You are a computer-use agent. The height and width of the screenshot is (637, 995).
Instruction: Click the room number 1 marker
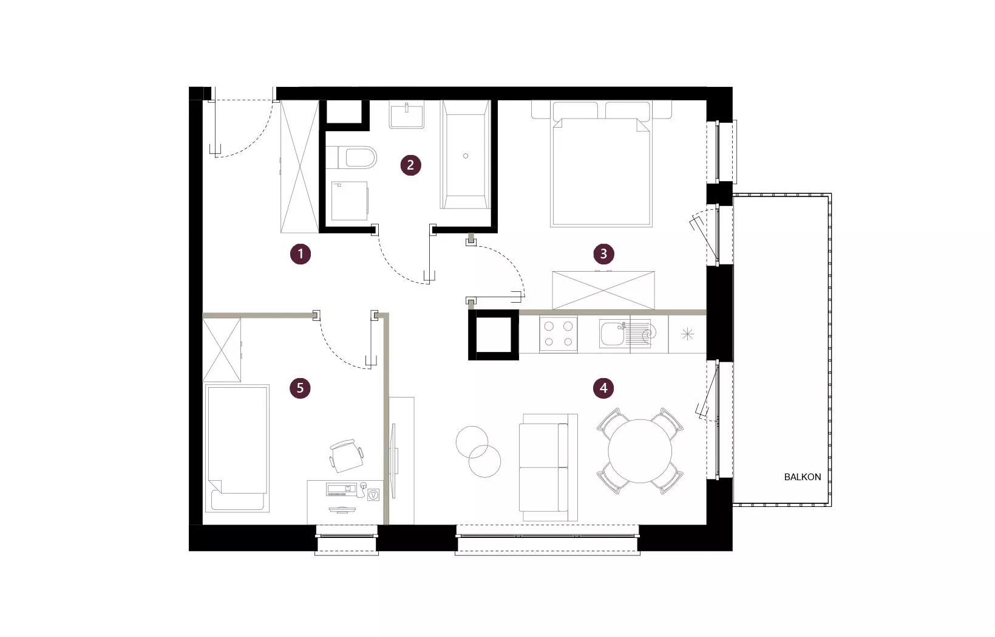[301, 254]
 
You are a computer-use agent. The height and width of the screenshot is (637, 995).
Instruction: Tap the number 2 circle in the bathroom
[410, 165]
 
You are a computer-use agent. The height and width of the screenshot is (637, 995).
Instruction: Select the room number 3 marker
[603, 254]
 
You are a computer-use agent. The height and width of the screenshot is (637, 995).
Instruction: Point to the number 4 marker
[603, 388]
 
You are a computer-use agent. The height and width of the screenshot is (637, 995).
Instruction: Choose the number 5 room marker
[300, 388]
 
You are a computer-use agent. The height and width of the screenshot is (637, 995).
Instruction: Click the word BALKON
[802, 477]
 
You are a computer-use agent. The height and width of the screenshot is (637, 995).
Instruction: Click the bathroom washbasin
[407, 115]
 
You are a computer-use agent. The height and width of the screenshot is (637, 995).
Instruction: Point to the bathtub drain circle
[466, 156]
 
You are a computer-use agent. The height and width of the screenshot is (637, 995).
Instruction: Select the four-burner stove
[559, 334]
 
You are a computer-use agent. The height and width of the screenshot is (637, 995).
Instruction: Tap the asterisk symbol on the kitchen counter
[687, 334]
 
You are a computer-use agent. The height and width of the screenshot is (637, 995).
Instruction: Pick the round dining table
[640, 451]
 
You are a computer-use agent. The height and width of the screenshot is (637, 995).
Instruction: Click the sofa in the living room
[548, 467]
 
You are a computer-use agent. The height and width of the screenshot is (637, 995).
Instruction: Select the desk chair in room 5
[346, 455]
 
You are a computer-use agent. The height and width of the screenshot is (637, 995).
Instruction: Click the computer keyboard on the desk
[342, 490]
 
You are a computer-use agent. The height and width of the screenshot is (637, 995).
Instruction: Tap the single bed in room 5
[237, 449]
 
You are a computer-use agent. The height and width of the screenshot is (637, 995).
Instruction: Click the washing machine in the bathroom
[350, 201]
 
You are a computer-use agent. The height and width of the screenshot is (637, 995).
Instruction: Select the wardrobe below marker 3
[603, 290]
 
